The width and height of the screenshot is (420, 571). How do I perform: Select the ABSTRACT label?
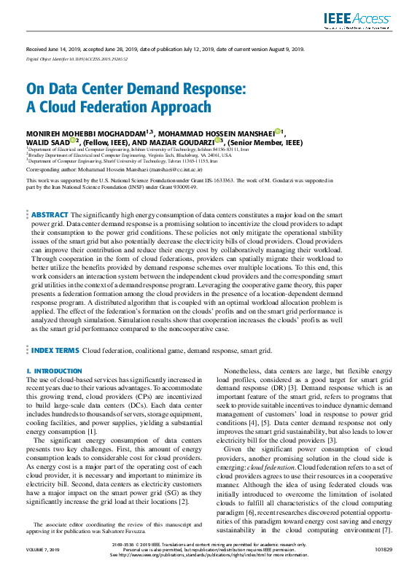[x=50, y=195]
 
